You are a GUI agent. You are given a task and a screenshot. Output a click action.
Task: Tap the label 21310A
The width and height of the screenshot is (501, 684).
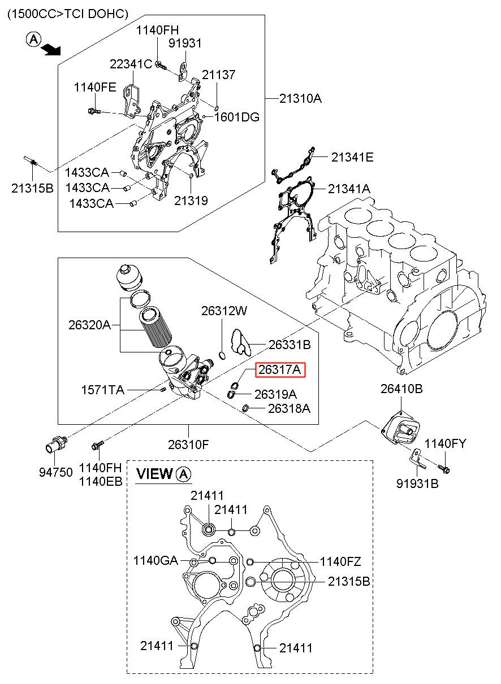[x=300, y=99]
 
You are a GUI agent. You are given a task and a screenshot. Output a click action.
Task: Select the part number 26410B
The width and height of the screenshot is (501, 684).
[x=401, y=389]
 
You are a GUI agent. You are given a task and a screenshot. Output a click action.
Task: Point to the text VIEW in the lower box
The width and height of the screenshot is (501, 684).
[x=154, y=474]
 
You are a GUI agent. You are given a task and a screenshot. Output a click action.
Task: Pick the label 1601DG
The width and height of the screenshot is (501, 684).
[x=236, y=117]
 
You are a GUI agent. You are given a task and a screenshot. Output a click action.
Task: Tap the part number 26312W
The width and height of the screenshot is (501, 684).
[x=224, y=311]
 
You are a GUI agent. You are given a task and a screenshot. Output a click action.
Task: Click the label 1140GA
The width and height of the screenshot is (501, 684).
[x=156, y=561]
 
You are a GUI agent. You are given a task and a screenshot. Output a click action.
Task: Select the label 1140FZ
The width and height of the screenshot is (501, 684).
[x=340, y=561]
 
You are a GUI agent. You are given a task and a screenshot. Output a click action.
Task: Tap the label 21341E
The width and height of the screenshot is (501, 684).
[x=352, y=158]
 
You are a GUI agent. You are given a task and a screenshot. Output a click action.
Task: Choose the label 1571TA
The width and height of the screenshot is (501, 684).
[x=102, y=390]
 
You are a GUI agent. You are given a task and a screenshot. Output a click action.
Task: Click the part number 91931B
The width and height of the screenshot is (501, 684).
[x=417, y=484]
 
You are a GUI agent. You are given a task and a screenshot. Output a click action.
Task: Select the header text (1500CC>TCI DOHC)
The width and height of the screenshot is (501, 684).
[x=67, y=14]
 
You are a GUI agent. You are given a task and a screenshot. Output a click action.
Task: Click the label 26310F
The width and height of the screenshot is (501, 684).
[x=188, y=445]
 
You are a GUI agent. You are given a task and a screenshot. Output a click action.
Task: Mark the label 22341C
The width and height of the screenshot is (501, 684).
[x=131, y=64]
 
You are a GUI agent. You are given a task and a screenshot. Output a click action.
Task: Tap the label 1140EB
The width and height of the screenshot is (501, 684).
[x=100, y=481]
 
